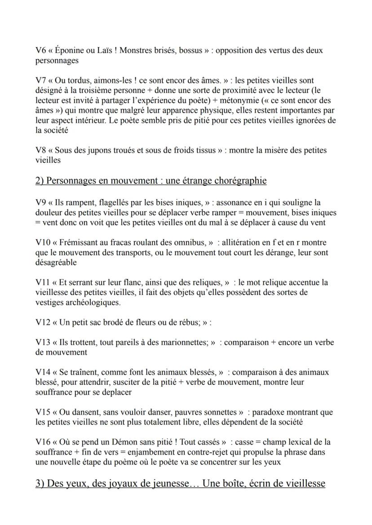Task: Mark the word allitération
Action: (237, 243)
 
